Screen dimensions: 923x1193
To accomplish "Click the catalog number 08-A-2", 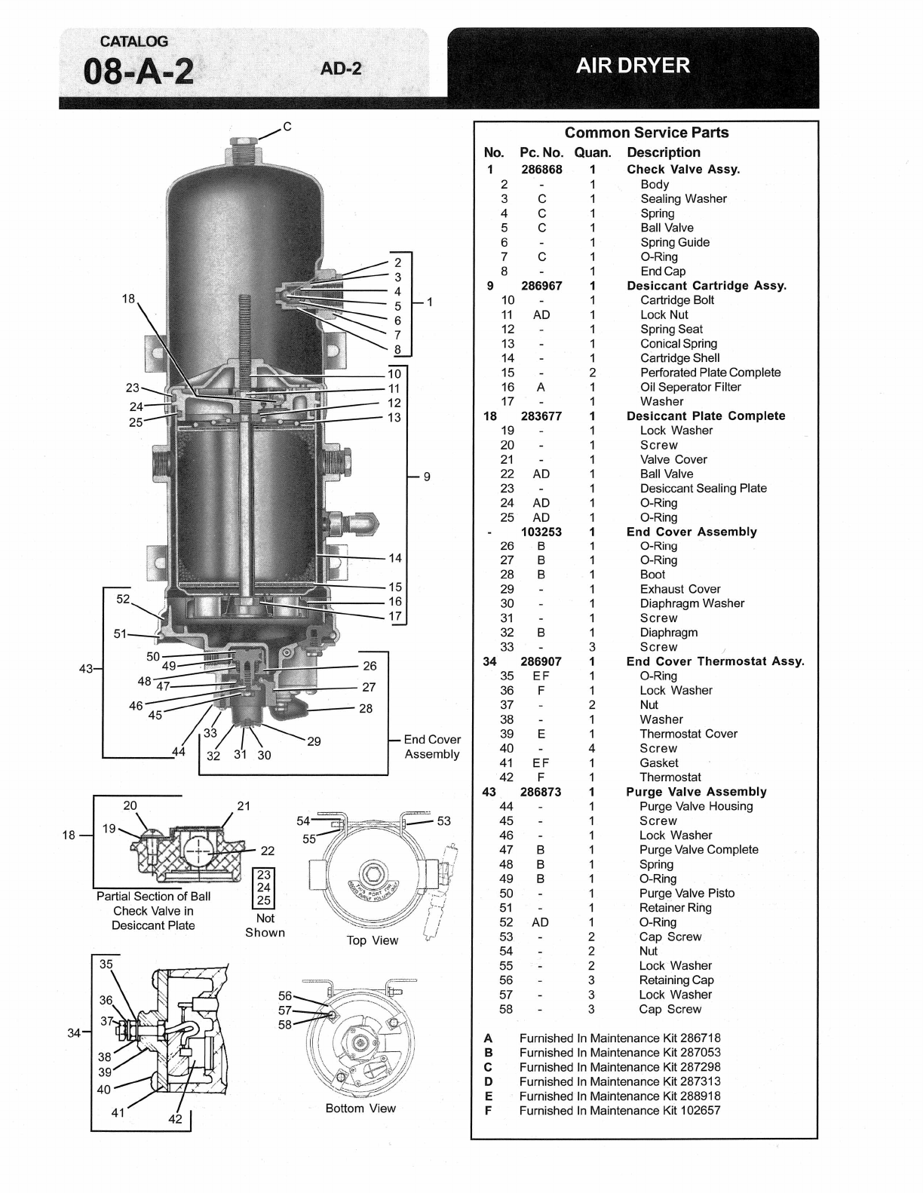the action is pos(138,72).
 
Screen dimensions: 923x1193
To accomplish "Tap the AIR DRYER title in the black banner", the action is pos(633,66).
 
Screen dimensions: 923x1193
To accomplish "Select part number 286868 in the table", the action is pos(541,170).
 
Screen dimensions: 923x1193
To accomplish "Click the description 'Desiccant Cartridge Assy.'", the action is pos(707,286).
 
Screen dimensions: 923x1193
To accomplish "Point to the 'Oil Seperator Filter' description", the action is pos(690,387).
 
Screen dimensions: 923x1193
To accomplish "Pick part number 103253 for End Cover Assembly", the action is pos(541,532).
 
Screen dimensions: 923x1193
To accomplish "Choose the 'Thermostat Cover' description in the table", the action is pos(688,734).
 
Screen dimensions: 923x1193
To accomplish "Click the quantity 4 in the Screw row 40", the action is pos(591,748).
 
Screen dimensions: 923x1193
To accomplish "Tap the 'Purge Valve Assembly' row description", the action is pos(696,792).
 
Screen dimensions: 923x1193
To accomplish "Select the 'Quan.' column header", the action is pos(593,152).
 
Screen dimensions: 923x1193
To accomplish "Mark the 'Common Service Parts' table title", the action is pos(646,133).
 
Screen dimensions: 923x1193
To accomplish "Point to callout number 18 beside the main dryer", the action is pos(128,299).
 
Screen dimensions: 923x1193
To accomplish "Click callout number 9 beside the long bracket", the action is pos(427,477).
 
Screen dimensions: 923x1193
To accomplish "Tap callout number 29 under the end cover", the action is pos(314,742).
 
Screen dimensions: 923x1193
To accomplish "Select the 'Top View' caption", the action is pos(372,940).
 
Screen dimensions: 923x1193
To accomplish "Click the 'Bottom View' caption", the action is pos(360,1109).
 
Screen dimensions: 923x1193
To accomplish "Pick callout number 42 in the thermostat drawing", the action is pos(175,1119).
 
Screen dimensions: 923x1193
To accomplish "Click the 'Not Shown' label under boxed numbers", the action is pos(265,925).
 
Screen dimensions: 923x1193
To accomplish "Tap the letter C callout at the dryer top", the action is pos(287,127).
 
